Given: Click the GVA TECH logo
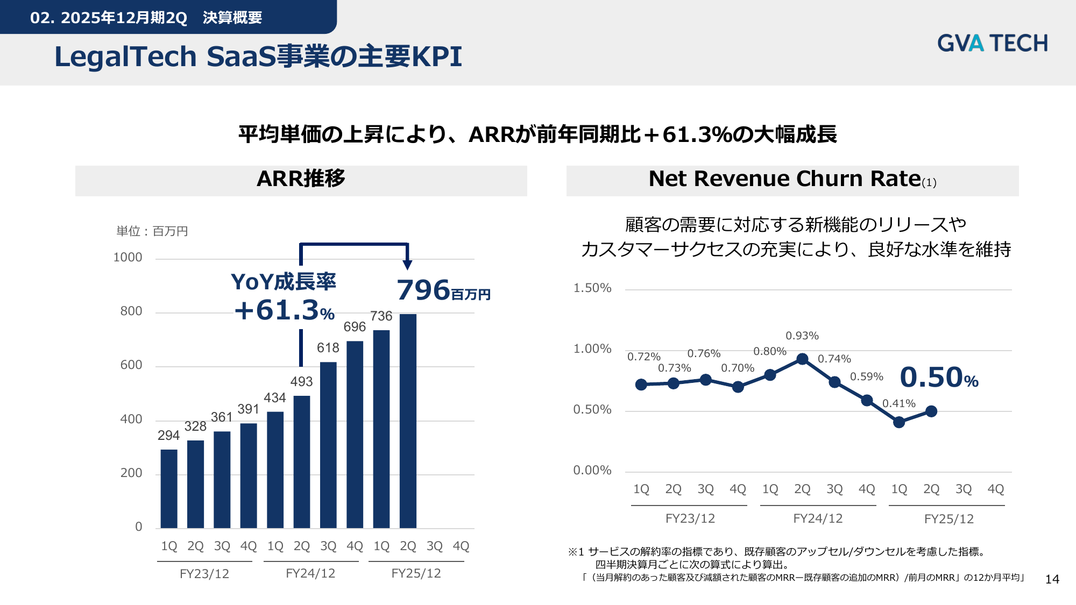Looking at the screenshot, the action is point(993,43).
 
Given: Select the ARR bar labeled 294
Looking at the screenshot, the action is point(169,489).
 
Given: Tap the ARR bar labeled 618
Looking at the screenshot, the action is point(328,445).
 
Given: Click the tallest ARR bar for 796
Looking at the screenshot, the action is point(408,421).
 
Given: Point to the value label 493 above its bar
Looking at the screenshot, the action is point(301,382).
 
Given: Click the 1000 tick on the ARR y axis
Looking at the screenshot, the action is point(128,258).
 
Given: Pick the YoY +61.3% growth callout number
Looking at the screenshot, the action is point(285,310).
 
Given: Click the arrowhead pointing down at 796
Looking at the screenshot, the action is point(408,265).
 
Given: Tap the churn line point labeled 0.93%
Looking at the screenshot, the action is point(802,359).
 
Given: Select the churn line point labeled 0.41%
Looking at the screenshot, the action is point(899,422).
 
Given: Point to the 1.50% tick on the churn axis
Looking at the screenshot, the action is point(592,288).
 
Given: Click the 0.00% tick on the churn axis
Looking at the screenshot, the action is point(592,471).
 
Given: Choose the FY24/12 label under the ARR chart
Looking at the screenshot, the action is point(310,574).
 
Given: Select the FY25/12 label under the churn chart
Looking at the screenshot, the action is point(949,519).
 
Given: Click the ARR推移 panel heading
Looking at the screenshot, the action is point(301,179).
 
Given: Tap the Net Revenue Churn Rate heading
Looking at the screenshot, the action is point(792,179).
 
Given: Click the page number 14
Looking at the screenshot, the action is point(1052,579).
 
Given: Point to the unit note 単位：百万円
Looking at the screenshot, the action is point(152,231).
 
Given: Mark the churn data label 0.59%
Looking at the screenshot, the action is point(867,376).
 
